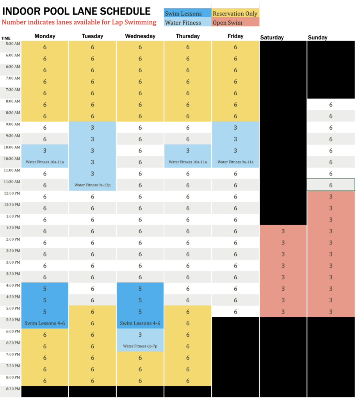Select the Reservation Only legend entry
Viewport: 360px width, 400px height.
point(235,14)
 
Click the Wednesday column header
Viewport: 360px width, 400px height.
point(140,36)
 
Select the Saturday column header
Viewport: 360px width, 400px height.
point(272,37)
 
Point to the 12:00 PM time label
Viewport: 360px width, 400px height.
point(11,193)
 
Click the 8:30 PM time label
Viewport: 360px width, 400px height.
point(11,389)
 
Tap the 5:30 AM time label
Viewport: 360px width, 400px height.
point(11,44)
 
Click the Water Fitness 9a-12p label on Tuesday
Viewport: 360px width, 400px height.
point(93,185)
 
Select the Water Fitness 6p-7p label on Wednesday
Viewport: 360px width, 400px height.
point(140,346)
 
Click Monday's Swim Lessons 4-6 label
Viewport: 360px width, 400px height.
point(45,323)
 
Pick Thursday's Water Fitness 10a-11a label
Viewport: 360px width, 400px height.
point(188,162)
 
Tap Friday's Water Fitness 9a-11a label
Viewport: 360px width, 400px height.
point(235,162)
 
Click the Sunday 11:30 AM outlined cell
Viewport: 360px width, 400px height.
point(331,185)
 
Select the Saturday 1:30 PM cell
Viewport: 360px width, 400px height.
point(283,231)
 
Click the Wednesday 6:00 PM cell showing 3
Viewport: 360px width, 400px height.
point(140,335)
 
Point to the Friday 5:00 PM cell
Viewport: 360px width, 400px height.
point(235,312)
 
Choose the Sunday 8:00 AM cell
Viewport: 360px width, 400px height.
point(331,105)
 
